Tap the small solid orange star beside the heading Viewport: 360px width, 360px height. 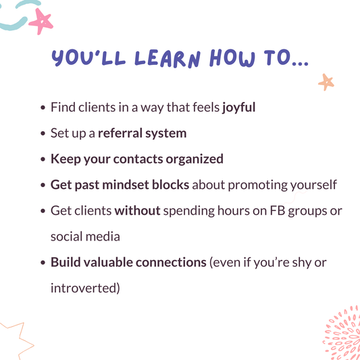326,82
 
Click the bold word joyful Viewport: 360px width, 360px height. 238,107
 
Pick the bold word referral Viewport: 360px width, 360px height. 120,133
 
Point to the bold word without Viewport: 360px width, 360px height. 137,210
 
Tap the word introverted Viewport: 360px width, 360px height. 85,288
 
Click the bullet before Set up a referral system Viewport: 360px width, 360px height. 44,134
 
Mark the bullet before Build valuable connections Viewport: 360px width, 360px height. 44,263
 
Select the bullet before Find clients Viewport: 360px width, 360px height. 44,108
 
